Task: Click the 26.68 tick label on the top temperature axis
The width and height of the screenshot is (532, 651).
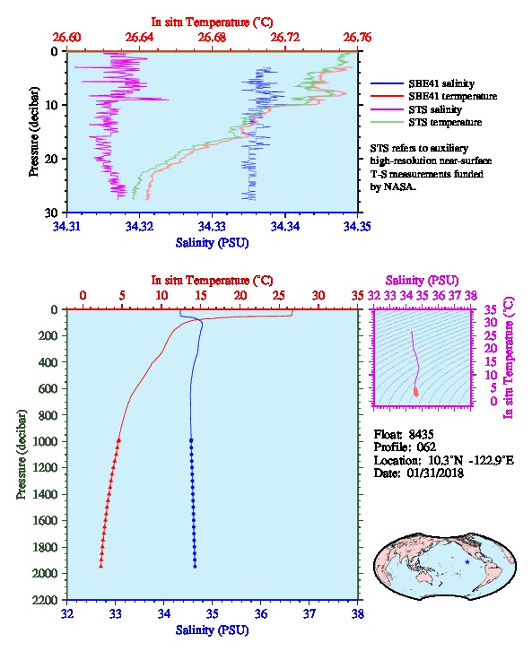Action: (212, 38)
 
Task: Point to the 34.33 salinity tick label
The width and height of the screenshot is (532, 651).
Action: (212, 226)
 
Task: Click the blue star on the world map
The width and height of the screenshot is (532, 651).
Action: (467, 561)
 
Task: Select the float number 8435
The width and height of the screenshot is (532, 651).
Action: (421, 434)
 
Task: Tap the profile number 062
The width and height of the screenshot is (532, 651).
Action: (426, 447)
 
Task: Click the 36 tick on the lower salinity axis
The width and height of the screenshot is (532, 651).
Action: (261, 613)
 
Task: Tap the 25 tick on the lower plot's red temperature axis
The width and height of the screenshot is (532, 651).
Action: (279, 295)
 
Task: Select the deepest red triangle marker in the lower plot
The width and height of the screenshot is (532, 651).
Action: (100, 566)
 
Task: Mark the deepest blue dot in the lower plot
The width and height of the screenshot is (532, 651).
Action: (195, 567)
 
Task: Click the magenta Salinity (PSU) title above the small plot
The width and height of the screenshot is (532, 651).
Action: (422, 281)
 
